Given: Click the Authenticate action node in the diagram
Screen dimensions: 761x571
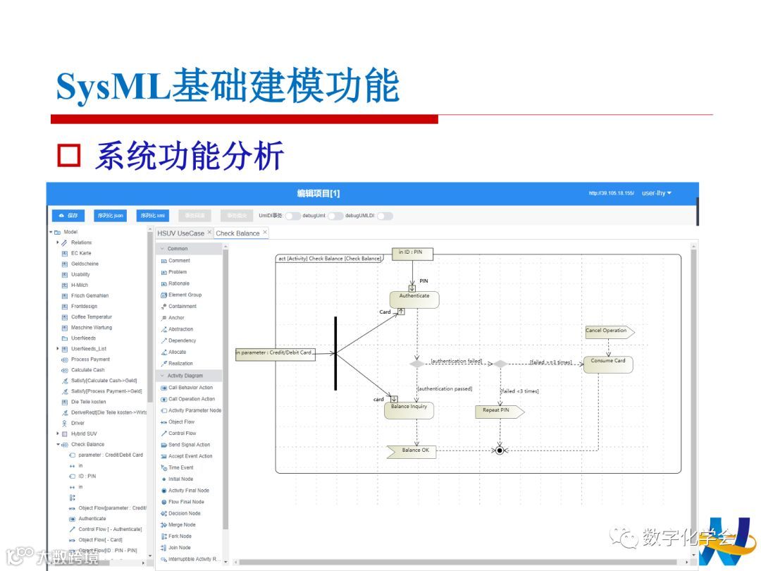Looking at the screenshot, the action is pyautogui.click(x=414, y=300).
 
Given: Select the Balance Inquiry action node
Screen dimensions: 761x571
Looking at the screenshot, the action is pyautogui.click(x=409, y=410).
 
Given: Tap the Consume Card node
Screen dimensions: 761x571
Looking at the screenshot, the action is pyautogui.click(x=608, y=364).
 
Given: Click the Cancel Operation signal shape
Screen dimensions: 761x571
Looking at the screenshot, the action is pyautogui.click(x=609, y=331).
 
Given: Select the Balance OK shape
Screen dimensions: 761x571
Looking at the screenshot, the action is pyautogui.click(x=412, y=450).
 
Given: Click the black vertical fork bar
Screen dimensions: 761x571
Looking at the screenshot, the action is pyautogui.click(x=335, y=352).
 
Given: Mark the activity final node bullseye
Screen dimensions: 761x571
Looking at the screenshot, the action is pyautogui.click(x=500, y=450).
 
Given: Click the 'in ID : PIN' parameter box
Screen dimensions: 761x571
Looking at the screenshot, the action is pyautogui.click(x=412, y=253).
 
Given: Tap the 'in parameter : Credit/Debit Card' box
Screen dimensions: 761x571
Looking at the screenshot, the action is pyautogui.click(x=275, y=353).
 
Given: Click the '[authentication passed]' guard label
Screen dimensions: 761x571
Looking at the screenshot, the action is pyautogui.click(x=445, y=388).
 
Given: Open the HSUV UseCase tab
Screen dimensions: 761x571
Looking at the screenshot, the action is pyautogui.click(x=180, y=233).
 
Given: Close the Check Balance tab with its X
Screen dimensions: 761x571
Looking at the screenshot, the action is pyautogui.click(x=265, y=233).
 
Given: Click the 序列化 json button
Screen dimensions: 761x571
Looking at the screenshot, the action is pyautogui.click(x=111, y=216).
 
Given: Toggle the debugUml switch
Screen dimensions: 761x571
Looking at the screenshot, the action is pyautogui.click(x=335, y=216).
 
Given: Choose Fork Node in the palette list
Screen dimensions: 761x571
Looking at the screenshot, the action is pyautogui.click(x=180, y=536).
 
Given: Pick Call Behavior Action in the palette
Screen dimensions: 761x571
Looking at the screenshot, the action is pyautogui.click(x=190, y=388).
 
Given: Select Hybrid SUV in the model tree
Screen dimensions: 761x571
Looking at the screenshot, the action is pyautogui.click(x=84, y=434).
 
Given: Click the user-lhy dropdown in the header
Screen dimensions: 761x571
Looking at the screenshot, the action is pyautogui.click(x=657, y=193).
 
